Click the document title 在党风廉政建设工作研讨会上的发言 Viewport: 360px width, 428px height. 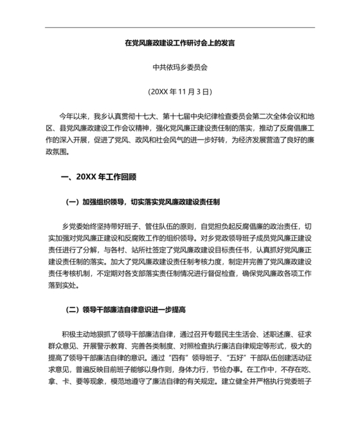[x=179, y=44]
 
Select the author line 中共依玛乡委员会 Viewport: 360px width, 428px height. [x=179, y=67]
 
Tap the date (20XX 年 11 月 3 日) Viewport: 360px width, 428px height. [x=179, y=91]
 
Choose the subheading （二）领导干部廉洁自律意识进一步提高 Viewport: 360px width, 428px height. [x=125, y=310]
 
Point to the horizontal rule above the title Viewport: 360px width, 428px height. [x=179, y=28]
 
